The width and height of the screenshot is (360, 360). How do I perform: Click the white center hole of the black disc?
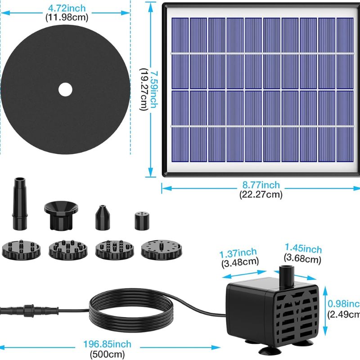click(65, 90)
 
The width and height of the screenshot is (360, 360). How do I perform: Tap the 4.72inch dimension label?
click(67, 8)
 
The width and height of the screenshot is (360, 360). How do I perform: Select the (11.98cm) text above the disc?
click(67, 18)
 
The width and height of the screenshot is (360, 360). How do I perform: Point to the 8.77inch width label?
click(261, 185)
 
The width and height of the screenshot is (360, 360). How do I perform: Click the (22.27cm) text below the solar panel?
click(261, 195)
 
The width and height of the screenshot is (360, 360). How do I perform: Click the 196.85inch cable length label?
click(107, 344)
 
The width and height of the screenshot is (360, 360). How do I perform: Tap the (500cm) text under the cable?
click(107, 354)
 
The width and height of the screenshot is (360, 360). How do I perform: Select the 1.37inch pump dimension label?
click(238, 253)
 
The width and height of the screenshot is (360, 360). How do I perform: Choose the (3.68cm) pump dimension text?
click(302, 259)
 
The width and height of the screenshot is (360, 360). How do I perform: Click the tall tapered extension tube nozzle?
click(20, 204)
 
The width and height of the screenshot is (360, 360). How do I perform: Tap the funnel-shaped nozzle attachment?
click(61, 215)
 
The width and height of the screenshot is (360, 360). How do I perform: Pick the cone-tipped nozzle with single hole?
click(103, 217)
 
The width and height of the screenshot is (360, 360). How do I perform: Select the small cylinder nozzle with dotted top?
click(142, 221)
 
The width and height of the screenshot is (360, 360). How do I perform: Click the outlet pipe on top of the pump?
click(287, 276)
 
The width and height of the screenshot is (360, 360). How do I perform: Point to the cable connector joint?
click(29, 310)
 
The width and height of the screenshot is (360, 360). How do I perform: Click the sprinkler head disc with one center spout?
click(162, 250)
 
